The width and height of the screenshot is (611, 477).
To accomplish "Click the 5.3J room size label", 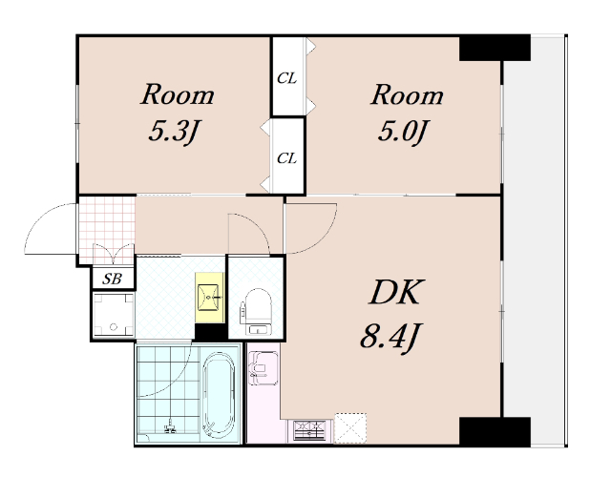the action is [174, 132].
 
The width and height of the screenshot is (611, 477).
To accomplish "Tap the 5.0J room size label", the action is [404, 132].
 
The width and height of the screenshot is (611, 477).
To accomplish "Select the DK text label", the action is [395, 292].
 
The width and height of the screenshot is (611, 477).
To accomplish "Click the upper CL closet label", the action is [286, 78].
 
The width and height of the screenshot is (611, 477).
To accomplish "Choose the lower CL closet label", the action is [286, 158].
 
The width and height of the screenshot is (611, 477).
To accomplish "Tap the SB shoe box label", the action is [113, 279].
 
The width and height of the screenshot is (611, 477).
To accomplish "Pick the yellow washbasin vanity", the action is [209, 298].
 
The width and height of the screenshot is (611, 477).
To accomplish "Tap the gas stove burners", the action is [309, 430].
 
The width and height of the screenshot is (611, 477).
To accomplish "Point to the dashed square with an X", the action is [350, 428].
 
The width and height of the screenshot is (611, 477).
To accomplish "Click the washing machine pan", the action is [114, 316].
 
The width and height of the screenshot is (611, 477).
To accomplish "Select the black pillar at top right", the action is [495, 48].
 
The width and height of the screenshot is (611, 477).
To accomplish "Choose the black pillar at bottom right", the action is [495, 432].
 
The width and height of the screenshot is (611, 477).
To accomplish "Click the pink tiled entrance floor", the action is [107, 230].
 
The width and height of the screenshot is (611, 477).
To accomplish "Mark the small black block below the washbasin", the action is [210, 332].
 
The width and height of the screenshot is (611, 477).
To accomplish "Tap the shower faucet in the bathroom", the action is [170, 426].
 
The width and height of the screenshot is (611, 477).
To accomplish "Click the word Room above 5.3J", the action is [178, 94].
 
